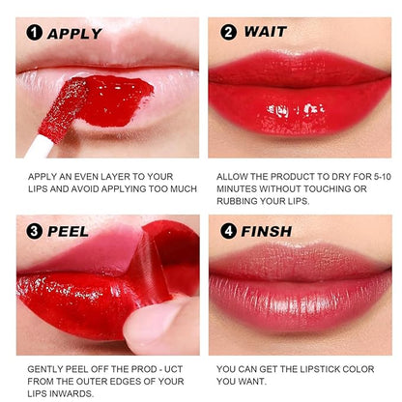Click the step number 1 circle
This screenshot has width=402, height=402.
[x=33, y=33]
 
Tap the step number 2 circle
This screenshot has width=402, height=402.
[x=229, y=31]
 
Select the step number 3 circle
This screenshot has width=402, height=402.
[x=33, y=232]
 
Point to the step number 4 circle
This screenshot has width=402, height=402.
[x=229, y=231]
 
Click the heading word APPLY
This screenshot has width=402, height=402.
[x=74, y=33]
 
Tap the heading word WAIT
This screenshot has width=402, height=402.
[x=266, y=31]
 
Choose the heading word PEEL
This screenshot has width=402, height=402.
[x=68, y=232]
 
